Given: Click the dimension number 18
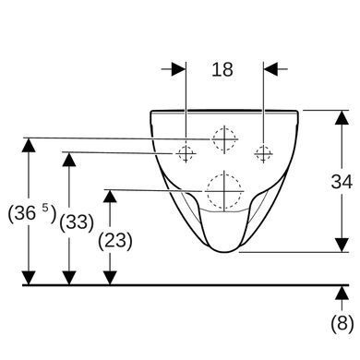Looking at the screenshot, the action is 222,69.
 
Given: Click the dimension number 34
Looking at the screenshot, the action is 342,182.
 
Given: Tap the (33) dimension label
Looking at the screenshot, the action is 77,222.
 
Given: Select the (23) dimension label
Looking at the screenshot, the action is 115,240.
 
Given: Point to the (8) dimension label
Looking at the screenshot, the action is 342,323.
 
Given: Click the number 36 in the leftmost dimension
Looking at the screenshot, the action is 25,213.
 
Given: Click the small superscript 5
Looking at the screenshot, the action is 45,208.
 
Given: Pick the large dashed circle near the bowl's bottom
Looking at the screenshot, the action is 224,191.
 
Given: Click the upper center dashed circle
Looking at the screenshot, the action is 224,139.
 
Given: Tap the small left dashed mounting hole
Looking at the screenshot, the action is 186,153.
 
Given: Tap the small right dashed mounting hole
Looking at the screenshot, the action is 263,153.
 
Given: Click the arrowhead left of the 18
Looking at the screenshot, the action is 179,69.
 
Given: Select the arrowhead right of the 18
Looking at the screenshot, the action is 270,69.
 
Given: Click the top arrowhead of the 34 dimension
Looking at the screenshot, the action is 342,117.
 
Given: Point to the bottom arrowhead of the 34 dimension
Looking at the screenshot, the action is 342,245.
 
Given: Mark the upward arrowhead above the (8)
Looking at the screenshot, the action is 342,293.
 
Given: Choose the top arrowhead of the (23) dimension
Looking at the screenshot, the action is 110,196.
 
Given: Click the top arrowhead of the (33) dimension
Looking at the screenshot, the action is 69,160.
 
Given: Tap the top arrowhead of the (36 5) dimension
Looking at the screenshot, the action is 29,145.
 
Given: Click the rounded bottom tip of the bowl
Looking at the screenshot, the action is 225,252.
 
